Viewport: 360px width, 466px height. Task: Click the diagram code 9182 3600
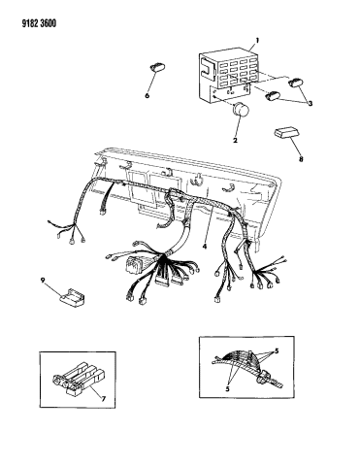click(39, 23)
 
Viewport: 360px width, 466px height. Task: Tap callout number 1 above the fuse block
click(257, 41)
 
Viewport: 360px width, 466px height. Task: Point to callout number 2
click(235, 141)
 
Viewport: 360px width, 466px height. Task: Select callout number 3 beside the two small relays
click(310, 104)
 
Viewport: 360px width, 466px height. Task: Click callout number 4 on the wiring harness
click(204, 247)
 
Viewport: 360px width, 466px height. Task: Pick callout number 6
click(147, 96)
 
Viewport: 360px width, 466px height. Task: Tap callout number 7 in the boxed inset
click(103, 399)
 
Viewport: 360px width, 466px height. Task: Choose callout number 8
click(301, 159)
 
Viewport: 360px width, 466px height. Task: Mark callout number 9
click(43, 281)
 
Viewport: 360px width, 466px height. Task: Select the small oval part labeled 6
click(157, 68)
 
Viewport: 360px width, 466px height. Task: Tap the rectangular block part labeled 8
click(285, 133)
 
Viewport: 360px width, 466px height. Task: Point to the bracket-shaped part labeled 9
click(72, 297)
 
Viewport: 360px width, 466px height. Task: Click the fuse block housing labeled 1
click(226, 74)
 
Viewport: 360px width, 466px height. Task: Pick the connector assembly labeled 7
click(80, 379)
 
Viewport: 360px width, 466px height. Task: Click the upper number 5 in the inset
click(277, 351)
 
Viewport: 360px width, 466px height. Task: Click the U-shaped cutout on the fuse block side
click(207, 69)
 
